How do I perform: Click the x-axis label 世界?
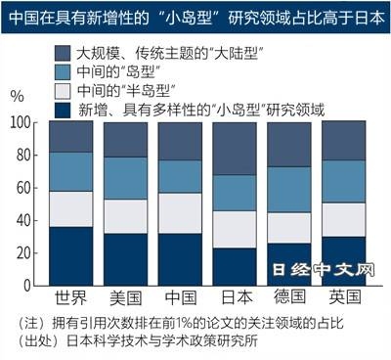pyautogui.click(x=70, y=297)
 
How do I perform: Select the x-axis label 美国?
pyautogui.click(x=125, y=297)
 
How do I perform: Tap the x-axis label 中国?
pyautogui.click(x=179, y=297)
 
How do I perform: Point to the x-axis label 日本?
pyautogui.click(x=235, y=297)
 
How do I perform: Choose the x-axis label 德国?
pyautogui.click(x=289, y=297)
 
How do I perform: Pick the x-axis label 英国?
pyautogui.click(x=344, y=297)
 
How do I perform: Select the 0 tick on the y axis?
pyautogui.click(x=36, y=283)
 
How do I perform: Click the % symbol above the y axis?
pyautogui.click(x=19, y=97)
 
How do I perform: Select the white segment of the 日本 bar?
pyautogui.click(x=235, y=228)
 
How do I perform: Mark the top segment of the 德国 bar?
pyautogui.click(x=289, y=144)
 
